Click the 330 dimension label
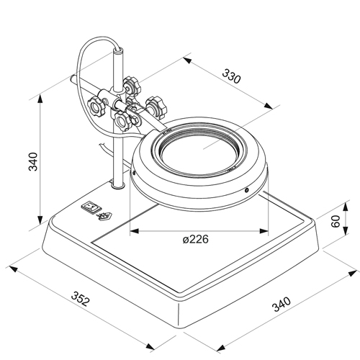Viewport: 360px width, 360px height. click(x=231, y=76)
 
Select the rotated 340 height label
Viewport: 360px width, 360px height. click(x=33, y=161)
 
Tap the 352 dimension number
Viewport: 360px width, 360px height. click(x=81, y=299)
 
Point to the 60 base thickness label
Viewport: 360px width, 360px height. click(x=336, y=221)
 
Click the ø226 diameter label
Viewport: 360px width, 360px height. click(x=195, y=239)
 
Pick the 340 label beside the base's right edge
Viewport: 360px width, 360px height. click(x=282, y=304)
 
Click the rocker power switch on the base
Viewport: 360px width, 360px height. click(x=91, y=207)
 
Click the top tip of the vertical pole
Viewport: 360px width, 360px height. click(x=118, y=50)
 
